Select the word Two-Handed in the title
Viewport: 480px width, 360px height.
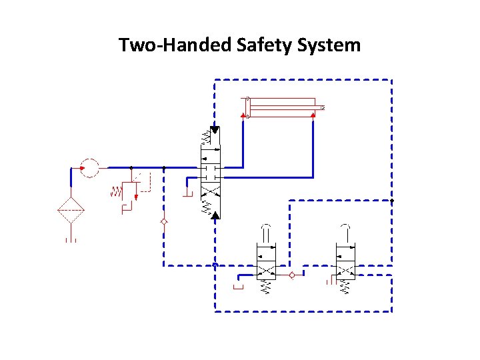173,45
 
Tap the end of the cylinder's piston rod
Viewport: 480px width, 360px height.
322,107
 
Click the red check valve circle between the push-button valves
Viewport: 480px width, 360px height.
291,275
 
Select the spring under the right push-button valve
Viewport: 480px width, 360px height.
345,287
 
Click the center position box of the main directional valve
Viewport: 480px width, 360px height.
211,172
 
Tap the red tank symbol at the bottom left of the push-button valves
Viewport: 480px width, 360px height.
239,287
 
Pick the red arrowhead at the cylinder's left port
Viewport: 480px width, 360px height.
242,116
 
